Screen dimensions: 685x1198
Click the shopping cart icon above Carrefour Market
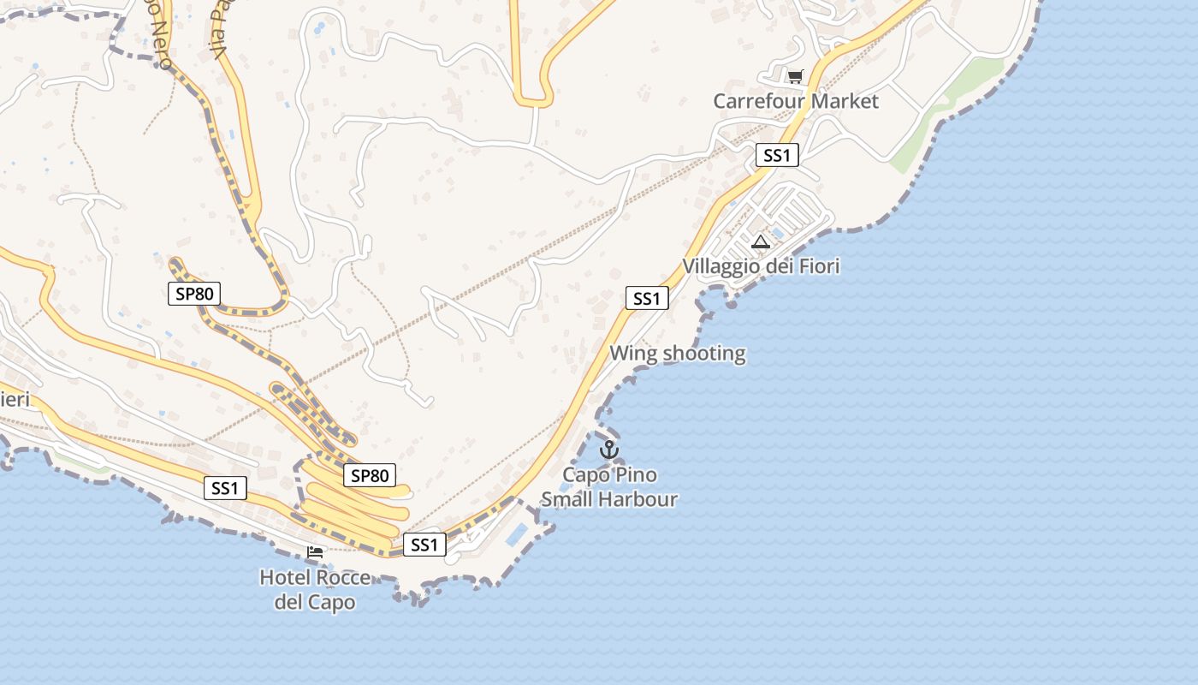[x=795, y=77]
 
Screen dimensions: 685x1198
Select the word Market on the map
[x=845, y=101]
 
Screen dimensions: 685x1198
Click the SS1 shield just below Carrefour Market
[x=777, y=155]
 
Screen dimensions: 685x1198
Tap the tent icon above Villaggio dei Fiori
[x=760, y=241]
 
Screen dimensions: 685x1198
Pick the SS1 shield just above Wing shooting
[x=646, y=298]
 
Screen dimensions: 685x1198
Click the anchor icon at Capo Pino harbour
[x=609, y=449]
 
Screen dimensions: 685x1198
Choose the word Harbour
[x=640, y=499]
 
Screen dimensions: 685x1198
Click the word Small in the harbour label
[x=567, y=499]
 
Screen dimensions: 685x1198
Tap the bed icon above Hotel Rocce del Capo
[x=315, y=552]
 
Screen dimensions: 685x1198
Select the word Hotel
[x=285, y=578]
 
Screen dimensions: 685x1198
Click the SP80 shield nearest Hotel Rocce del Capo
[x=370, y=475]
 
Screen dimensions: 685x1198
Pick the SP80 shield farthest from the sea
[x=193, y=294]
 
